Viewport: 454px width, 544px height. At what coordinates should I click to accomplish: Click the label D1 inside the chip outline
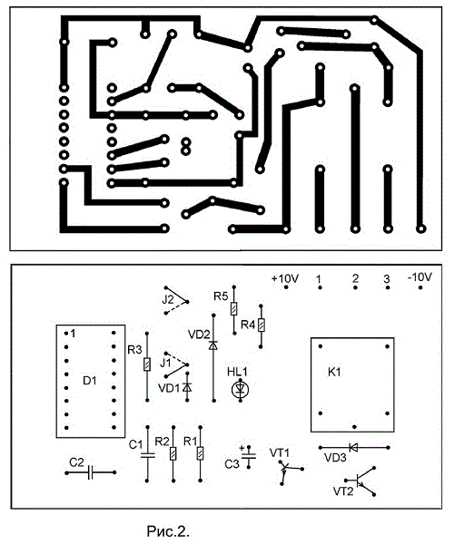[90, 381]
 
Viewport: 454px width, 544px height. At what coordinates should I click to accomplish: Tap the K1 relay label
[334, 373]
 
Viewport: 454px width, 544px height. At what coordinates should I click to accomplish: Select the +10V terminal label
[285, 278]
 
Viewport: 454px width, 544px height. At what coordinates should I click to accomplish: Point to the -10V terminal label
[420, 277]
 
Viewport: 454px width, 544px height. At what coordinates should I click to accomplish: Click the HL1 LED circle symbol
[240, 390]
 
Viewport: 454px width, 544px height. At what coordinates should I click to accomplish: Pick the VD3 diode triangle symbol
[353, 448]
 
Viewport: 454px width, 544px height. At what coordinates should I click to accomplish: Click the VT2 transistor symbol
[361, 481]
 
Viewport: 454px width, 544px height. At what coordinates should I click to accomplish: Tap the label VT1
[280, 452]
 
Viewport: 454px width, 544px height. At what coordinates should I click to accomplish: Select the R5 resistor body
[234, 308]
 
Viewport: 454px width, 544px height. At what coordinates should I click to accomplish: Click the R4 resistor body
[262, 325]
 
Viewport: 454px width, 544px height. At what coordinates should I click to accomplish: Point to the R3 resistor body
[147, 364]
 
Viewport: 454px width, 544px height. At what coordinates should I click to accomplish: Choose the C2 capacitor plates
[91, 472]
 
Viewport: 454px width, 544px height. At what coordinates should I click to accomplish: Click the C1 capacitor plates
[148, 455]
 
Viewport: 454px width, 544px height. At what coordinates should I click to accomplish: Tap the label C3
[232, 464]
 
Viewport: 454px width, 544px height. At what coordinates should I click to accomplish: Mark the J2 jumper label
[168, 299]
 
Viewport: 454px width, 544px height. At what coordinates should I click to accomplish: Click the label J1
[165, 363]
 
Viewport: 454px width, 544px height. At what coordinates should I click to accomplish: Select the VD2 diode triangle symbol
[213, 345]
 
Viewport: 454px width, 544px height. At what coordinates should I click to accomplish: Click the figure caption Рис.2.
[168, 531]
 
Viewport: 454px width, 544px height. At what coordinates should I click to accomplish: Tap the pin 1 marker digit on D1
[73, 334]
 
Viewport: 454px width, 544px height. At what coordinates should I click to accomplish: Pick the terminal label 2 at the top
[355, 278]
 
